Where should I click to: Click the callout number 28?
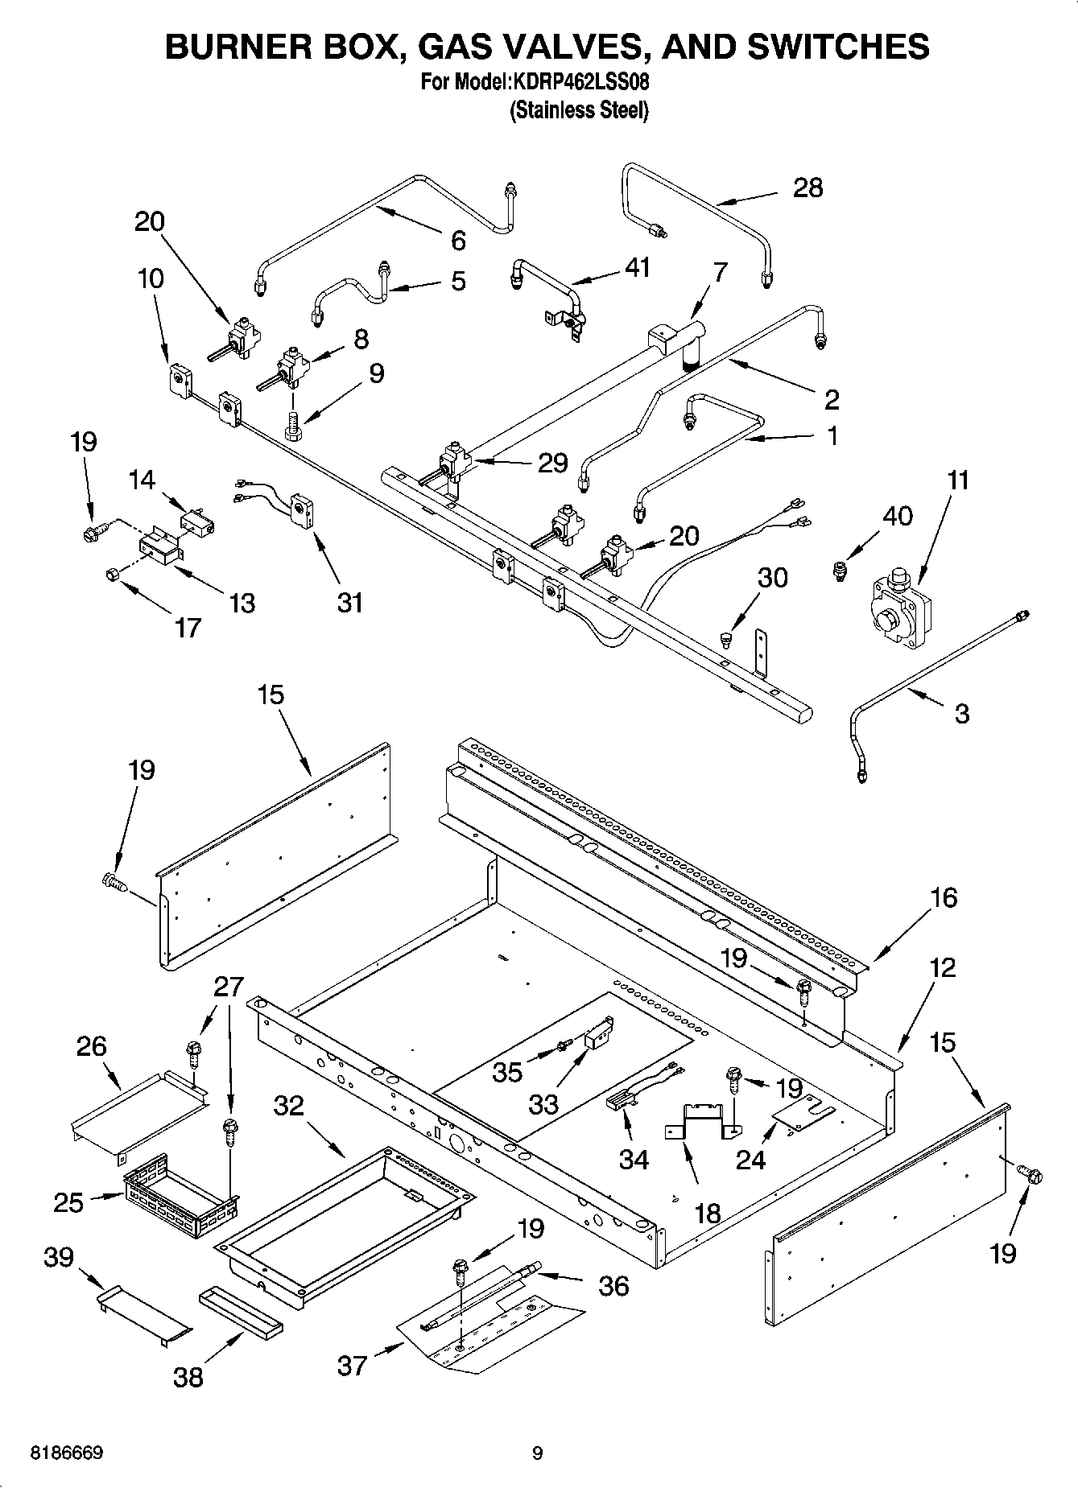click(807, 188)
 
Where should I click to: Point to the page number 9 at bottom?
click(538, 1453)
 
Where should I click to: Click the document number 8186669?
click(66, 1453)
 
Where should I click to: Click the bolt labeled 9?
click(292, 424)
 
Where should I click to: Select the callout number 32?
click(288, 1106)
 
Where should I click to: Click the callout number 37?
click(353, 1365)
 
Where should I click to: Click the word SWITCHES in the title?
click(838, 47)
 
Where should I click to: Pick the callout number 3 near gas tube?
click(961, 713)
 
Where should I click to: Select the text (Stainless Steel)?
click(579, 109)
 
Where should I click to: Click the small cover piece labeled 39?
click(145, 1314)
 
